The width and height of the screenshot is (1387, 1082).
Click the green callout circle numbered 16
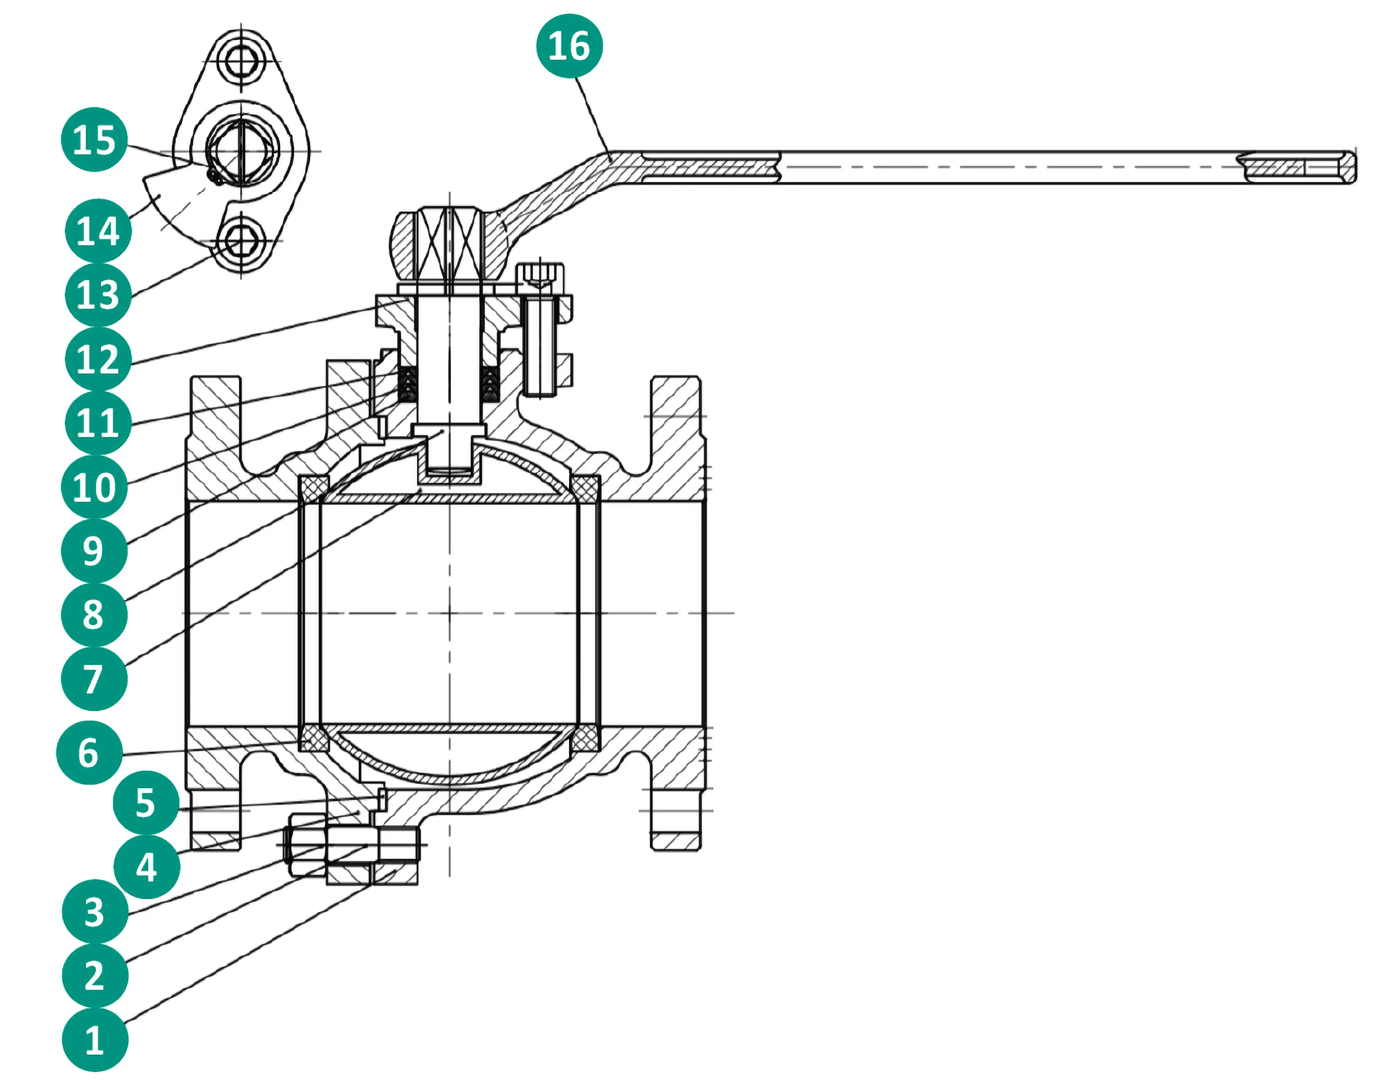(569, 46)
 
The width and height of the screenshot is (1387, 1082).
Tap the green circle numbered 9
(94, 550)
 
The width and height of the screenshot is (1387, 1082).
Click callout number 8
(94, 615)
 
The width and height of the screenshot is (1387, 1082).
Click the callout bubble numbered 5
(145, 802)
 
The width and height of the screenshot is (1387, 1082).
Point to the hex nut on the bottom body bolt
(308, 846)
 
